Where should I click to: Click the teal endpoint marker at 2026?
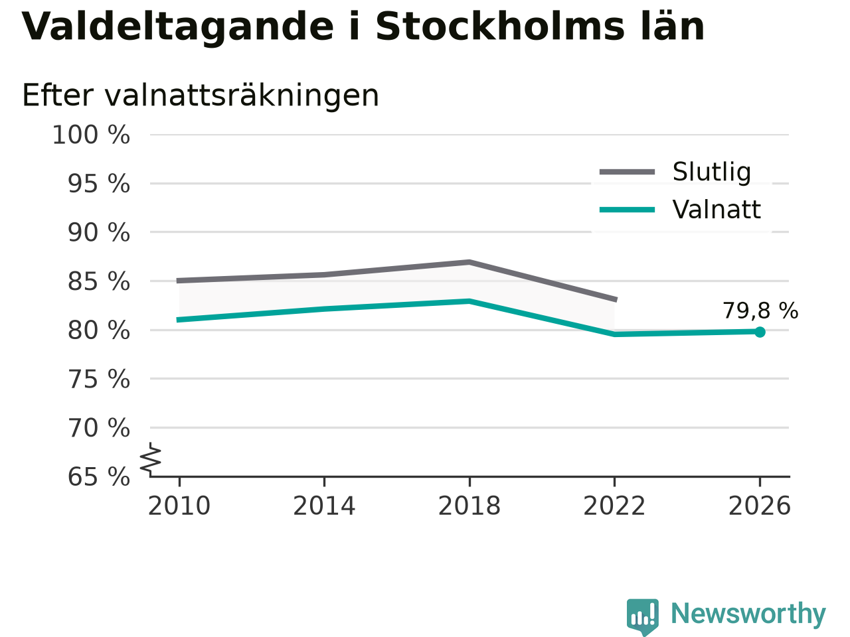tap(760, 332)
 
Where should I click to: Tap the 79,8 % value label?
tap(760, 311)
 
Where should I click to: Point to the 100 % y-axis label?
tap(91, 135)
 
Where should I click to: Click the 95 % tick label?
tap(99, 184)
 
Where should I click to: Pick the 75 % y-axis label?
tap(99, 379)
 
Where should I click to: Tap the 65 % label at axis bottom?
tap(99, 476)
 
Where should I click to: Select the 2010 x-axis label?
tap(179, 506)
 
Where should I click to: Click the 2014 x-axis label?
tap(324, 506)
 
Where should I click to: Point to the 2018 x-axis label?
tap(469, 506)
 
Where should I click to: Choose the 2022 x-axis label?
tap(614, 506)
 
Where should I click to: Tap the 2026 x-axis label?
tap(760, 506)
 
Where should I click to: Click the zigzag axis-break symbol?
tap(151, 459)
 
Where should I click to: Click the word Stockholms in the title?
tap(500, 27)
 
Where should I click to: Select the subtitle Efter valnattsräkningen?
tap(201, 96)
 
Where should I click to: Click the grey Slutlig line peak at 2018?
tap(469, 263)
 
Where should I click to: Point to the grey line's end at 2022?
tap(616, 300)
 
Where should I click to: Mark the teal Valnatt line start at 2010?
tap(178, 320)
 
